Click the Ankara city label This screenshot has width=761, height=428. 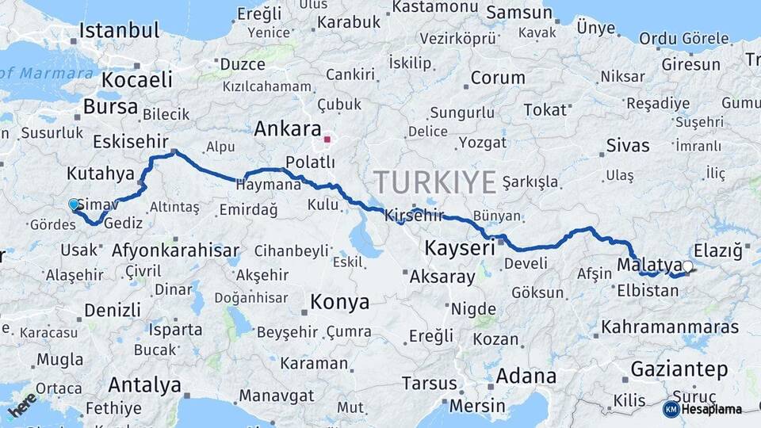coord(287,129)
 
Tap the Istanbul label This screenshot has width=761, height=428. coord(120,32)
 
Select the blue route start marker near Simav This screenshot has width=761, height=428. coord(75,204)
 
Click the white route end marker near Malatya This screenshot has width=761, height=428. coord(687,266)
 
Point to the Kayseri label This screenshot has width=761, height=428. coord(459,247)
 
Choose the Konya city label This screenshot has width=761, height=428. coord(339,302)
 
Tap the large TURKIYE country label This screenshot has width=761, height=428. coord(435,182)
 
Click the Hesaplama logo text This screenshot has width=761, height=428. coord(712,410)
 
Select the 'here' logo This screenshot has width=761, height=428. coord(21,405)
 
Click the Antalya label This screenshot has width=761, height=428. coord(144,385)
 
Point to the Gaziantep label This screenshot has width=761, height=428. coord(679,369)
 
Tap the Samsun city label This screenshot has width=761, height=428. coord(518,13)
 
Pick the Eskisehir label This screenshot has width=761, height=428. coord(130,141)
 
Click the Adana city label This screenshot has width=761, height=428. coord(526,375)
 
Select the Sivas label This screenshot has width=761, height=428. coord(628,145)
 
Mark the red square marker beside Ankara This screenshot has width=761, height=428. coord(327,139)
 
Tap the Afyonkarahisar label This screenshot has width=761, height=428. coord(175,250)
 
